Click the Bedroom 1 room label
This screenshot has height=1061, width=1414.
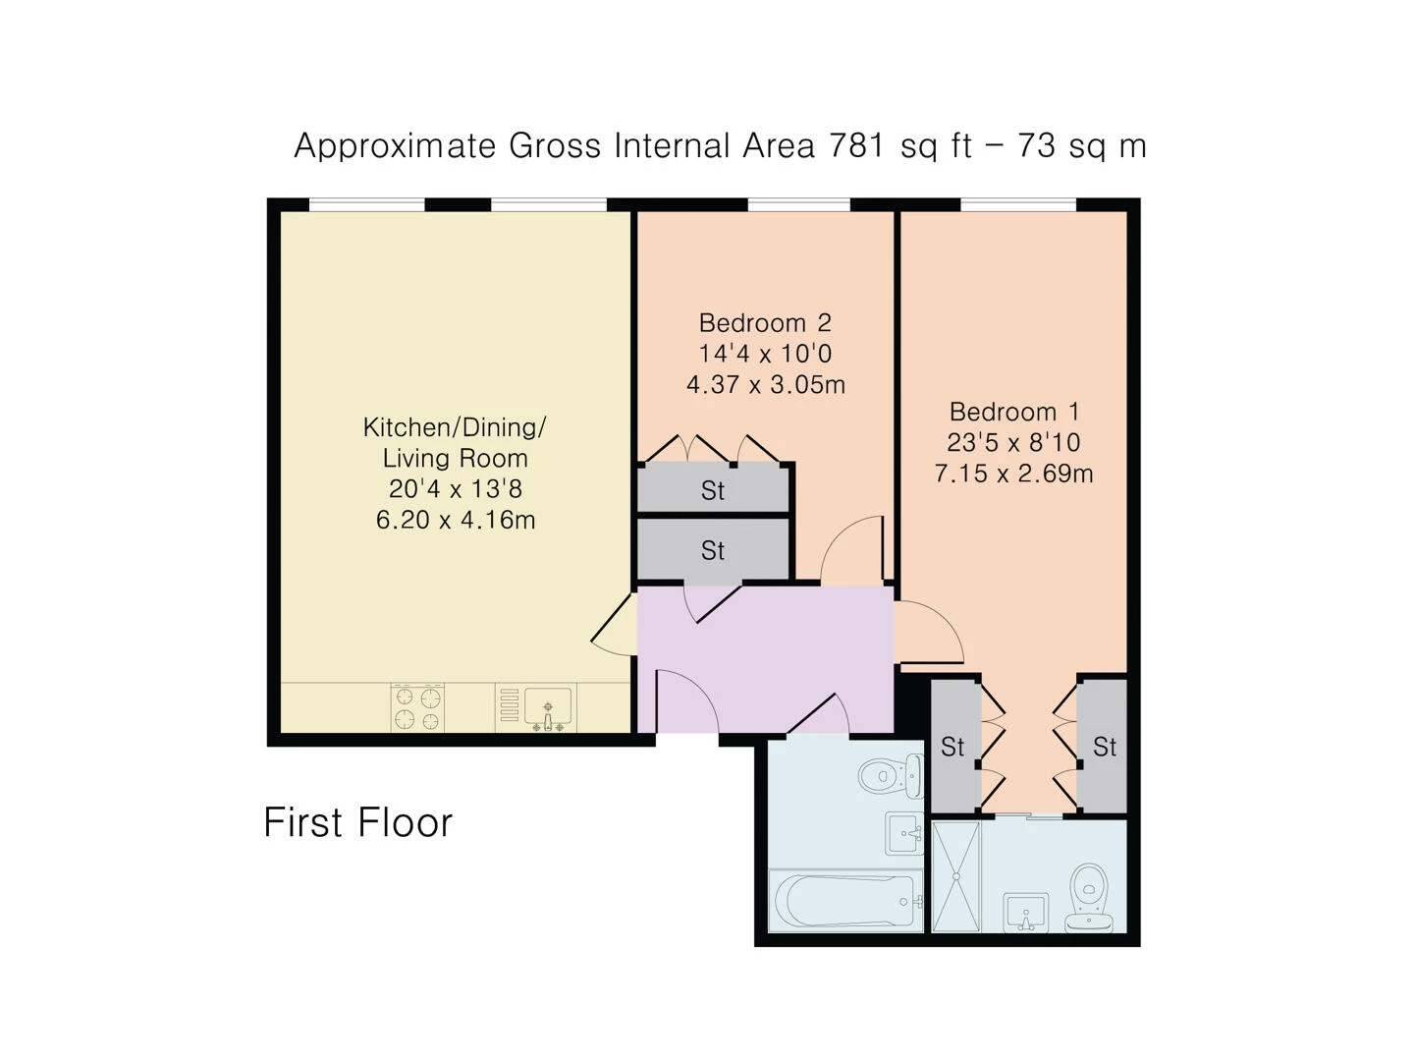point(1013,412)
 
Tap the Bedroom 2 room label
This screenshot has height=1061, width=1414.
point(765,322)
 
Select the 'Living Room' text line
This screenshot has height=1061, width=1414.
point(455,458)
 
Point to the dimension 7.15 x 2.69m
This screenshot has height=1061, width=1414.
point(1013,474)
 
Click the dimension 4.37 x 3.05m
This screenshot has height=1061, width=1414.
point(765,384)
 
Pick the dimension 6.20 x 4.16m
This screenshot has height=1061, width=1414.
point(455,520)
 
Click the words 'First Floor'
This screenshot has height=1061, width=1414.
point(357,822)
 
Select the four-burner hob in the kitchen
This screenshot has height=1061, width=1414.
point(417,708)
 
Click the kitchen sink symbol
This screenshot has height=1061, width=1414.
point(547,708)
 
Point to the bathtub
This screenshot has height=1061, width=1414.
point(845,900)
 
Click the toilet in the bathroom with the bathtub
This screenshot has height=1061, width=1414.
point(890,776)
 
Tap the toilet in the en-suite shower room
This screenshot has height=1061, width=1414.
point(1090,896)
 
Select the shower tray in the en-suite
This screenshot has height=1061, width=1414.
point(955,876)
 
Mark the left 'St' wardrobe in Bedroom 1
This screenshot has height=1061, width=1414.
point(952,747)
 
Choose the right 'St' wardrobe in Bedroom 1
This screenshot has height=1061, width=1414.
point(1104,747)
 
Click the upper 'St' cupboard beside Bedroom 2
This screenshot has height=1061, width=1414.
point(713,489)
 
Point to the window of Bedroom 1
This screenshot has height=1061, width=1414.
point(1017,204)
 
